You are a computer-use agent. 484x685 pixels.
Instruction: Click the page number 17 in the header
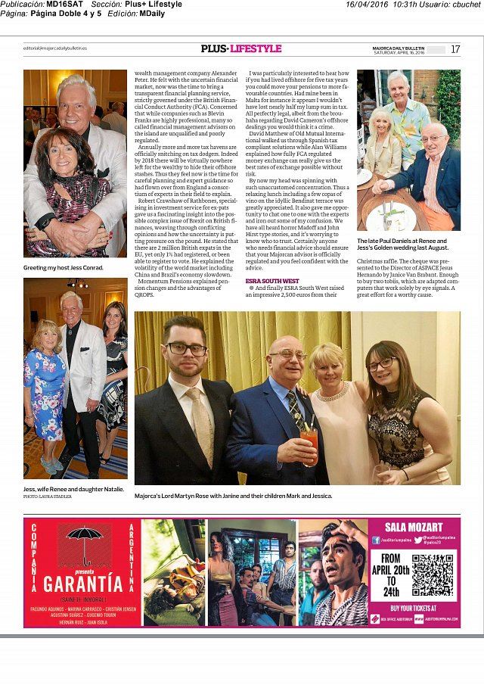[x=455, y=49]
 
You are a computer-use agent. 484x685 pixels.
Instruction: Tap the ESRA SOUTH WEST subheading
[x=267, y=281]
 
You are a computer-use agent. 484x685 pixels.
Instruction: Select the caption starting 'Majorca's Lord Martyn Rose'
[x=233, y=496]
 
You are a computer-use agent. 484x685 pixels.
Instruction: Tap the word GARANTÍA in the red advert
[x=82, y=584]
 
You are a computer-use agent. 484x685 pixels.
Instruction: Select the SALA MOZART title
[x=414, y=528]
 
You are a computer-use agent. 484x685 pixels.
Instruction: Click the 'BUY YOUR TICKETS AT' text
[x=413, y=608]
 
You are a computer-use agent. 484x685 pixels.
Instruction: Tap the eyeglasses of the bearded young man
[x=187, y=349]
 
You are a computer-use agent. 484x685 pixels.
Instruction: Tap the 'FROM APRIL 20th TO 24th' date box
[x=390, y=575]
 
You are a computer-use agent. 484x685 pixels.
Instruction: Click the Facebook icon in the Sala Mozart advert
[x=376, y=540]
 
